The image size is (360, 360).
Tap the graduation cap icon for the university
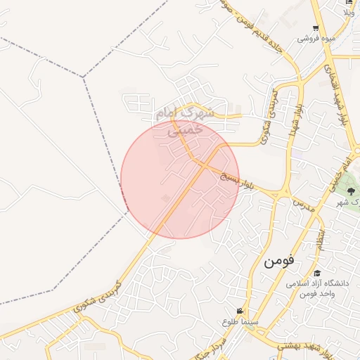pyautogui.click(x=317, y=274)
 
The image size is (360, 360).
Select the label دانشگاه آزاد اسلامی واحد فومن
pyautogui.click(x=317, y=288)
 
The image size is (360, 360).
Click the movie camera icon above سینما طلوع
pyautogui.click(x=240, y=311)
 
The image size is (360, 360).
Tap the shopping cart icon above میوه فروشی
pyautogui.click(x=316, y=28)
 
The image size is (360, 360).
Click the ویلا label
pyautogui.click(x=349, y=13)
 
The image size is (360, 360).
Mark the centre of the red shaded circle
pyautogui.click(x=180, y=179)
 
